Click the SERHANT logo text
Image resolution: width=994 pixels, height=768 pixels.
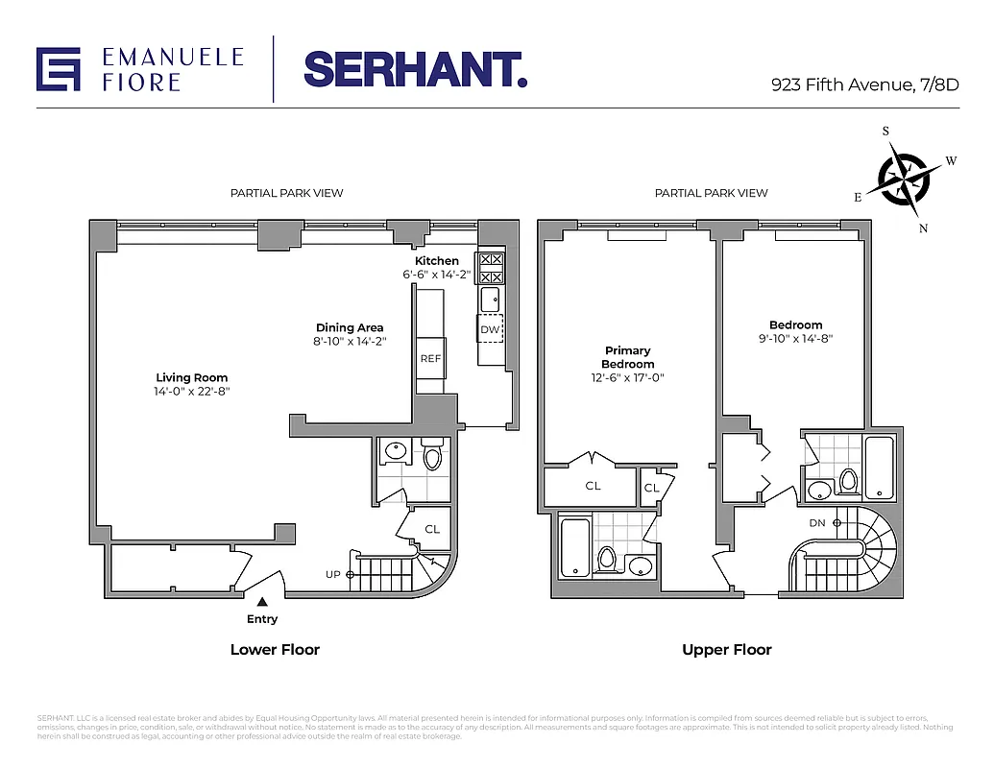415,69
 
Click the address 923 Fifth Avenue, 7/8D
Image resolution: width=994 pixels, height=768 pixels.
864,84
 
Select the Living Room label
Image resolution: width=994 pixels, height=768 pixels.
192,377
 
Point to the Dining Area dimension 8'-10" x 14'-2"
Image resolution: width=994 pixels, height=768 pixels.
350,342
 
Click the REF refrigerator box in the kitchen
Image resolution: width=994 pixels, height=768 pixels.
430,359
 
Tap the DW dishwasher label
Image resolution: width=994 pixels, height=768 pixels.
490,329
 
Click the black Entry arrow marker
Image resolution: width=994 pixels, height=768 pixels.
262,601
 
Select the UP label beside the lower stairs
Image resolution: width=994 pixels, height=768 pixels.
333,574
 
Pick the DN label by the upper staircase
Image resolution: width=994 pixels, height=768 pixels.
817,523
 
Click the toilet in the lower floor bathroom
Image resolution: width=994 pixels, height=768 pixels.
431,457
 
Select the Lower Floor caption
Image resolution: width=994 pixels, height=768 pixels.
275,650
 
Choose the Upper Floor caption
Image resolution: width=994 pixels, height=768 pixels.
726,650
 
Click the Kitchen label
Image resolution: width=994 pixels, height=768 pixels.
436,261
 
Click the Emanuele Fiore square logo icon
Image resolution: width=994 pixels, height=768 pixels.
59,69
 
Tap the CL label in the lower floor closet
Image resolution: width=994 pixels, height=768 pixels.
432,529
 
